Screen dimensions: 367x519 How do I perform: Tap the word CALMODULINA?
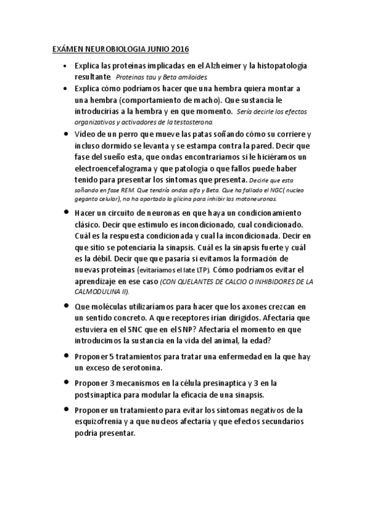click(x=97, y=292)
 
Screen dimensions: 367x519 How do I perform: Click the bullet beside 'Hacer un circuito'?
click(x=65, y=212)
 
